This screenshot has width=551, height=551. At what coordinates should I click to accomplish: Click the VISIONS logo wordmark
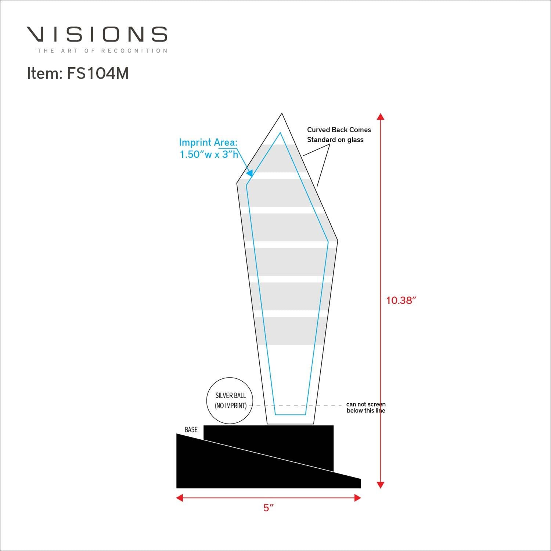coord(97,34)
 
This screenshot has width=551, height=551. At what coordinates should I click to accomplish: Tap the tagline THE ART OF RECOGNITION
coord(102,51)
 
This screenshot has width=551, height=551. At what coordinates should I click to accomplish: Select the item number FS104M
coord(78,73)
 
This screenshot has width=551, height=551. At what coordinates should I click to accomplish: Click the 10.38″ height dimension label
coord(401,300)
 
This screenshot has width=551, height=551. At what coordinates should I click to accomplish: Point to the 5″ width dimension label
coord(269,508)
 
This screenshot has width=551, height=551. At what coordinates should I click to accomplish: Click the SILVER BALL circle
coord(230,400)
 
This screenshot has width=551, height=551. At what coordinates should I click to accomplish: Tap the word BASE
coord(191,429)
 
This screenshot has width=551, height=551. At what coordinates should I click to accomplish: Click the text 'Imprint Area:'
coord(208,143)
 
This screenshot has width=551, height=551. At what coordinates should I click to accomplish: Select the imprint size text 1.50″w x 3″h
coord(209,154)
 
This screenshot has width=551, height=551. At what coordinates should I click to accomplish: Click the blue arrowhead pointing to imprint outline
coord(249,173)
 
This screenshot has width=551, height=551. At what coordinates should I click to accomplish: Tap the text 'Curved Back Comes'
coord(339,130)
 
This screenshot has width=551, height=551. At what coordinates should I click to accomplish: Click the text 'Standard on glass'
coord(335,140)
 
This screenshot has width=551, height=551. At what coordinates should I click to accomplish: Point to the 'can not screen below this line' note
coord(366,407)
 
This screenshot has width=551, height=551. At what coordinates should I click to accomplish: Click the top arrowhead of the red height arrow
coord(381,116)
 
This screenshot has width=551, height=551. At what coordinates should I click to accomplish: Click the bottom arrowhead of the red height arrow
coord(381,485)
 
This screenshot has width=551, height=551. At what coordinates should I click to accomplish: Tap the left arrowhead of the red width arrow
coord(180,498)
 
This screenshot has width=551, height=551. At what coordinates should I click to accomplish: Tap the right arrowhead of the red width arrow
coord(357,498)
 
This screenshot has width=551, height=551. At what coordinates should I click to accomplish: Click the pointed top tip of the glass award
coord(282,114)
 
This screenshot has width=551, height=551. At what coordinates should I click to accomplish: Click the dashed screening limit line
coord(298,406)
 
